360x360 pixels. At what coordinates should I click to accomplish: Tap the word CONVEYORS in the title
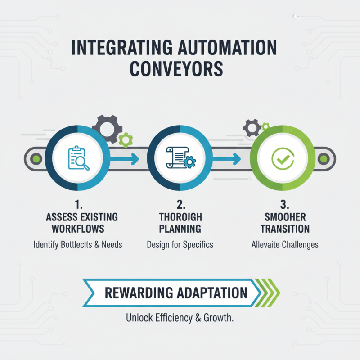tap(180, 69)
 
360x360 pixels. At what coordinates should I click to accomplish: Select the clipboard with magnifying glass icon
tap(77, 158)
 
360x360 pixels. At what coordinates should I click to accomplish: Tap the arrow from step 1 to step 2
tap(124, 158)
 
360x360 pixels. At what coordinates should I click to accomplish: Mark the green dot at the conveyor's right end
tap(323, 159)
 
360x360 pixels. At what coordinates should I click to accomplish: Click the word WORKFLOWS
tap(77, 229)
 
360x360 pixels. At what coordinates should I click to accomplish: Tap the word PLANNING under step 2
tap(180, 229)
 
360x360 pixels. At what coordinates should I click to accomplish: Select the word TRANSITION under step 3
tap(285, 229)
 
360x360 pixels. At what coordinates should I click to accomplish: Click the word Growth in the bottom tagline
tap(218, 318)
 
